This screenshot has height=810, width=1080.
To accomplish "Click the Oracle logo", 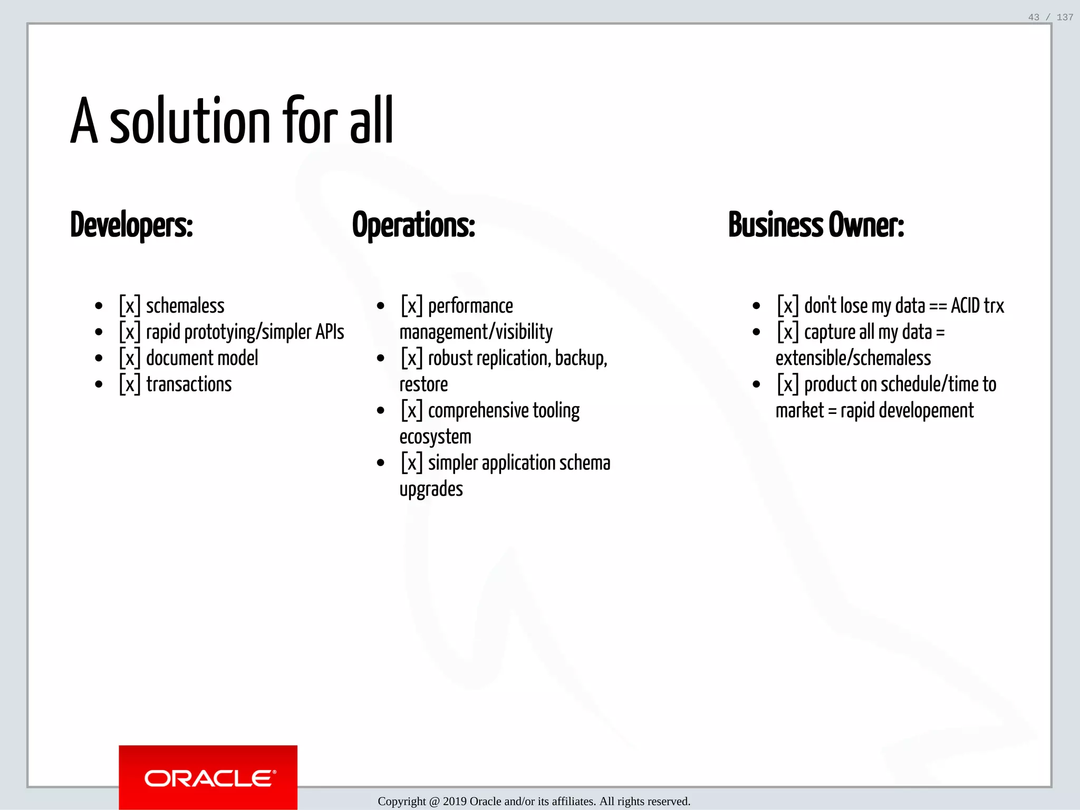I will pyautogui.click(x=208, y=778).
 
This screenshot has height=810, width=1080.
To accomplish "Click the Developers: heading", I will pyautogui.click(x=132, y=225).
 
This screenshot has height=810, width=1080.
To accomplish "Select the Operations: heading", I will pyautogui.click(x=413, y=225).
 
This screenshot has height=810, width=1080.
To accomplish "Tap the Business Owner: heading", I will pyautogui.click(x=816, y=225).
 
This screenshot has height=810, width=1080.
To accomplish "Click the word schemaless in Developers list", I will pyautogui.click(x=185, y=306).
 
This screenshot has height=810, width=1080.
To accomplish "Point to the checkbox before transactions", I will pyautogui.click(x=130, y=384).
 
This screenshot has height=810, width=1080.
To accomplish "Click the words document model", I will pyautogui.click(x=202, y=358).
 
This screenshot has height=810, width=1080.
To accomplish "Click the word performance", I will pyautogui.click(x=470, y=306).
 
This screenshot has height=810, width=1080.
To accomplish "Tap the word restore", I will pyautogui.click(x=423, y=384).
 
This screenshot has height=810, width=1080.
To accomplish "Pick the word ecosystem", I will pyautogui.click(x=435, y=437).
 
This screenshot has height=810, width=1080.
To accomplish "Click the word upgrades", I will pyautogui.click(x=431, y=489).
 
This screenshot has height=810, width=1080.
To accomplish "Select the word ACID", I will pyautogui.click(x=965, y=306).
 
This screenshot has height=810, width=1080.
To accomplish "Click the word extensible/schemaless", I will pyautogui.click(x=853, y=358).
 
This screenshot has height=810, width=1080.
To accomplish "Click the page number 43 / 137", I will pyautogui.click(x=1050, y=17).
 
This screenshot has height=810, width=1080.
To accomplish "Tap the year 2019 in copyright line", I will pyautogui.click(x=455, y=802).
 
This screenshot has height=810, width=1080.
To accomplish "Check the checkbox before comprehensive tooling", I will pyautogui.click(x=412, y=410).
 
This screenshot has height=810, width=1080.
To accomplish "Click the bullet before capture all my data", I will pyautogui.click(x=756, y=332).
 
